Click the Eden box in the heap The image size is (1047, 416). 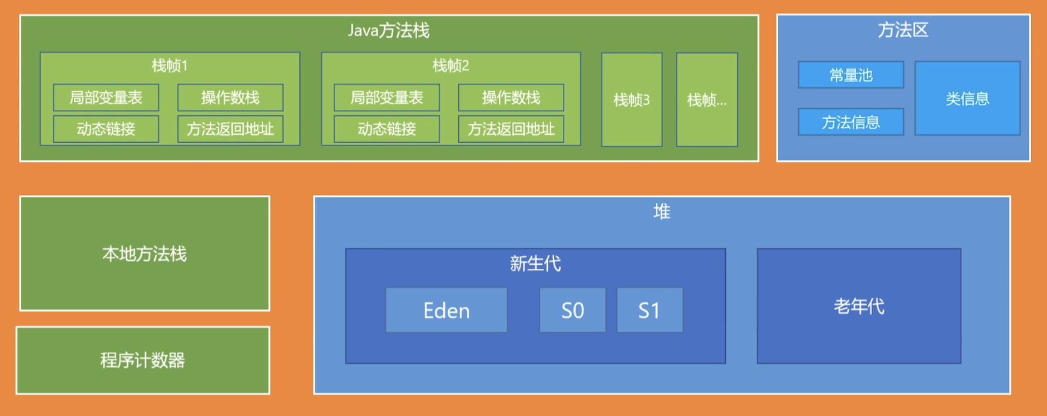point(446,310)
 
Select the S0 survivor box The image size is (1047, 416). point(573,310)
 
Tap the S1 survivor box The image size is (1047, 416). point(650,310)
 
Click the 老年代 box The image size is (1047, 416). point(859,306)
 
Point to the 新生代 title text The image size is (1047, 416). point(535,263)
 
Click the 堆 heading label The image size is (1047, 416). point(662,212)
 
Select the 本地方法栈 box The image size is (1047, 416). point(144,253)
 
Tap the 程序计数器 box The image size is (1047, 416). point(143,360)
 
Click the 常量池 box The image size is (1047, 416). point(851,75)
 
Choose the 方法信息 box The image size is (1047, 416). point(851,122)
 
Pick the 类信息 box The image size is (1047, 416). point(968,98)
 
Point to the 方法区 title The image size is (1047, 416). point(903,30)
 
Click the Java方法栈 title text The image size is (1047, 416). point(388,31)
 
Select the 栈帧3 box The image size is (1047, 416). point(632,100)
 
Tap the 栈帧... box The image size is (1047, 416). point(707,100)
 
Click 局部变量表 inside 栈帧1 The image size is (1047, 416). point(106,98)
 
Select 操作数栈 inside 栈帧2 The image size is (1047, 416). point(511,98)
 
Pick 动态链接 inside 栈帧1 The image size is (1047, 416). point(106,129)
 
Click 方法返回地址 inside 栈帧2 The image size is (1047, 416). point(511,129)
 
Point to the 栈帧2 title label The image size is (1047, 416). point(451,65)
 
